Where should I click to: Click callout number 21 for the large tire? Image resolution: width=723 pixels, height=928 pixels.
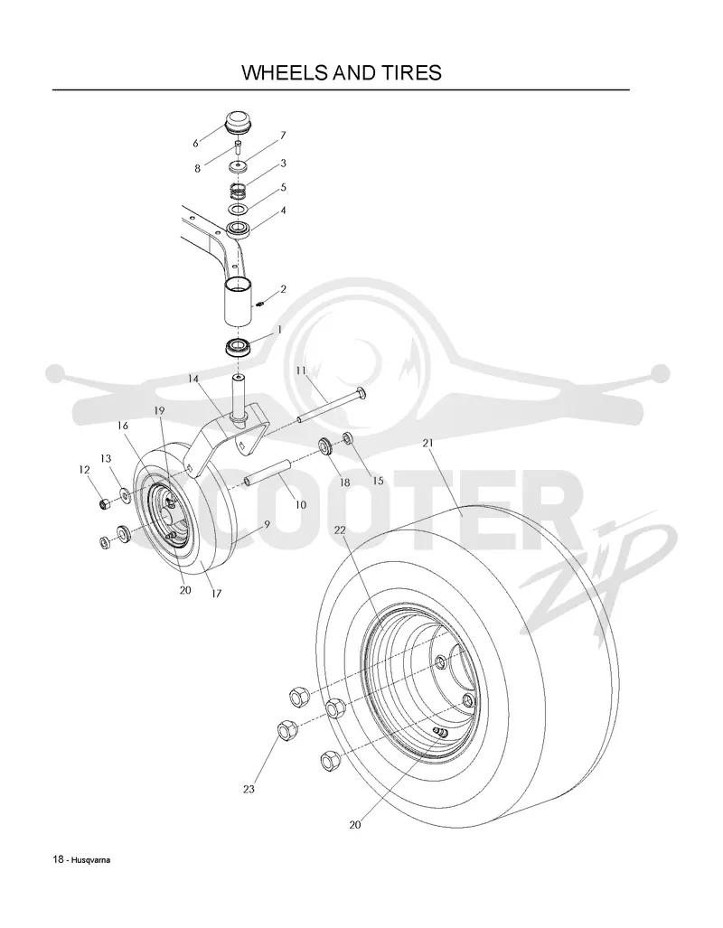tap(428, 444)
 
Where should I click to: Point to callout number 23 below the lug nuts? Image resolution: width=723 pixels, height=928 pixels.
tap(249, 789)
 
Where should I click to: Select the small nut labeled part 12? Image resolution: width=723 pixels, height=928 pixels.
tap(105, 504)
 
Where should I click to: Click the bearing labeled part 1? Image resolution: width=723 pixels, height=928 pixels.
tap(238, 347)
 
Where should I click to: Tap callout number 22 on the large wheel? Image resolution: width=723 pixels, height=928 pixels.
tap(339, 530)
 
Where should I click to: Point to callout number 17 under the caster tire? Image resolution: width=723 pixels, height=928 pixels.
tap(216, 593)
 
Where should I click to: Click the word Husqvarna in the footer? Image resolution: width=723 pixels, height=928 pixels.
tap(90, 860)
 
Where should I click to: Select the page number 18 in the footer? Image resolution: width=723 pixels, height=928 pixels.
tap(58, 860)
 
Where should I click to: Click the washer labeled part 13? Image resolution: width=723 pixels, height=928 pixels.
tap(126, 493)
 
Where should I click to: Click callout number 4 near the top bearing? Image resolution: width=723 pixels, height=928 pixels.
tap(283, 211)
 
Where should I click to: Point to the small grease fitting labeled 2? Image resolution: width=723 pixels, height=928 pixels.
tap(260, 305)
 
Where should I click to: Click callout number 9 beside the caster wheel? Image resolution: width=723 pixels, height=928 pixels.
tap(267, 524)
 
